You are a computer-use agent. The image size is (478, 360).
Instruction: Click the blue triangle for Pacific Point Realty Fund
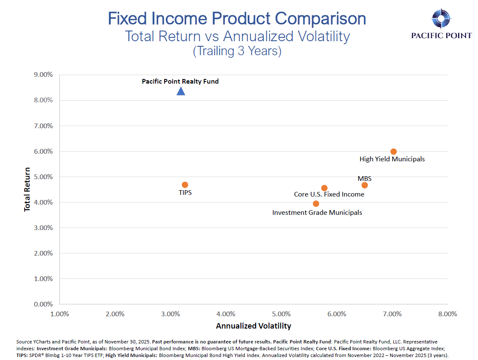tap(181, 91)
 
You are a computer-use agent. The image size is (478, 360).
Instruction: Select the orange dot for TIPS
tap(185, 185)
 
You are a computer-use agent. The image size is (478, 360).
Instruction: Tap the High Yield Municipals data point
tap(394, 152)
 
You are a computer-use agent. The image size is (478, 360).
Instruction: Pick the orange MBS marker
tap(364, 185)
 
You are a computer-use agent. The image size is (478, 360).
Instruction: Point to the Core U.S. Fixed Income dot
tap(324, 188)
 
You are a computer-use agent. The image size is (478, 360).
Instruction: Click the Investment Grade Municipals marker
tap(316, 204)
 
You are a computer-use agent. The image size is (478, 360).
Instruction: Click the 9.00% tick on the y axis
tap(43, 75)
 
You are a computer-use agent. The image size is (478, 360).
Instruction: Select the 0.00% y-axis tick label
tap(43, 304)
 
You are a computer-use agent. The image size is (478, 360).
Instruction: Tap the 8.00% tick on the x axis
tap(447, 314)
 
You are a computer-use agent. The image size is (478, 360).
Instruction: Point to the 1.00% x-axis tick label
tap(59, 314)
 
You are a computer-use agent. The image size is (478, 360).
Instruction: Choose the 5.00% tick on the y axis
tap(43, 177)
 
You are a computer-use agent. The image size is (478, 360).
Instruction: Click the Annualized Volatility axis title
tap(254, 326)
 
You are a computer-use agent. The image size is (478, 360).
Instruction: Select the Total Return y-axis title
tap(28, 190)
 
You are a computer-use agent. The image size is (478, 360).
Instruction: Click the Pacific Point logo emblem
tap(441, 18)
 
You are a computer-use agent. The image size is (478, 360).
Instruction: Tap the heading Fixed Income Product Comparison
tap(237, 19)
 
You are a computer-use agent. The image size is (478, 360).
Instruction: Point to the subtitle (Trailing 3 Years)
tap(237, 51)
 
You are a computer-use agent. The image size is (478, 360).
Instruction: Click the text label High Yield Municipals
tap(392, 159)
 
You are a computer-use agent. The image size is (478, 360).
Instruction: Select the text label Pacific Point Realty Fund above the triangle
tap(180, 81)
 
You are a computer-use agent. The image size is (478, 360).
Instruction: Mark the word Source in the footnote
tap(23, 342)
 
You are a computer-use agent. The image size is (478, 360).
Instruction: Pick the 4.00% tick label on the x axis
tap(226, 314)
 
